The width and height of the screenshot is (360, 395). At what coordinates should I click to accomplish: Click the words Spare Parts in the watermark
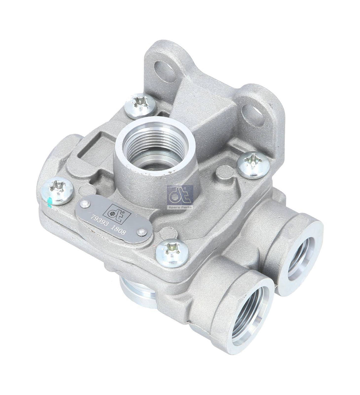180,207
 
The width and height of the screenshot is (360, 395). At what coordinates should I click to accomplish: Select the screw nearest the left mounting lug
141,105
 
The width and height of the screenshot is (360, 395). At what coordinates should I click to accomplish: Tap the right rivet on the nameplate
143,232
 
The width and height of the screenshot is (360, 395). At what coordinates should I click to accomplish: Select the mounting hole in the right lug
254,111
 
